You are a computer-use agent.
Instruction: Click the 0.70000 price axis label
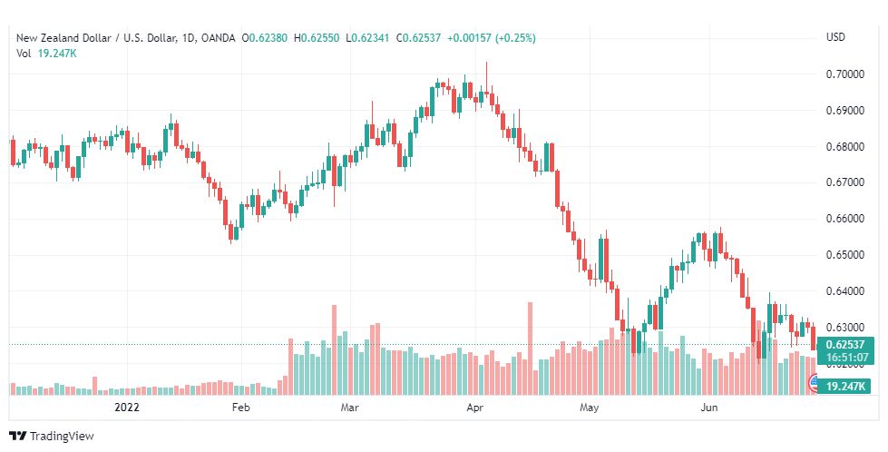844,74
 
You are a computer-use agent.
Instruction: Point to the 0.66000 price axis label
844,219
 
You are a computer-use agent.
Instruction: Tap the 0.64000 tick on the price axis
844,291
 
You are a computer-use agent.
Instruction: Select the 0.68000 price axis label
844,147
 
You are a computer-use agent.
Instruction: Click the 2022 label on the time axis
127,408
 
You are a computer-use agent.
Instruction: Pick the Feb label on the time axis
240,408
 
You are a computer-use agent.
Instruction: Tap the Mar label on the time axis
349,408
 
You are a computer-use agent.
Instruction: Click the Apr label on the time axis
474,408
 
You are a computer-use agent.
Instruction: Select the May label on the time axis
589,408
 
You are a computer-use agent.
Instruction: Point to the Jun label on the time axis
708,408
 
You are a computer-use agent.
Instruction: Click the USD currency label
835,37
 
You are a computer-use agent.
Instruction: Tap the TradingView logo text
62,437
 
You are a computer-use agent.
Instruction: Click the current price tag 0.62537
845,344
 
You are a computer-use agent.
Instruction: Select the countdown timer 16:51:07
846,358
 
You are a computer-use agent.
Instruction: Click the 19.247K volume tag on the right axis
845,387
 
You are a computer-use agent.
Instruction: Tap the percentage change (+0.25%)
515,38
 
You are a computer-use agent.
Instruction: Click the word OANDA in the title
218,38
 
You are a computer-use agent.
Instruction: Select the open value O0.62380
265,38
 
